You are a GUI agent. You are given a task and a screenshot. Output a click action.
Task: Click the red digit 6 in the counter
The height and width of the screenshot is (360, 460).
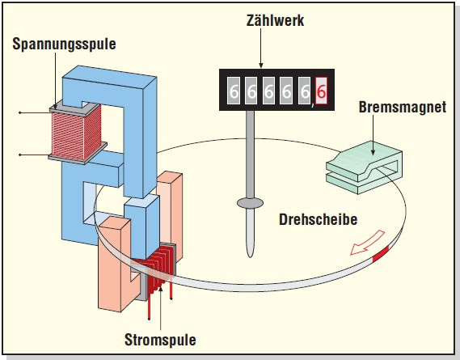[321, 92]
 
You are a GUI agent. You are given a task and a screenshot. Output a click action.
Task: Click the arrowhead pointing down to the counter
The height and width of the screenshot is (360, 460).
[261, 62]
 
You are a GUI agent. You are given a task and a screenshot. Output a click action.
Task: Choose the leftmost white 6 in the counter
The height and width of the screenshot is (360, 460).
[234, 92]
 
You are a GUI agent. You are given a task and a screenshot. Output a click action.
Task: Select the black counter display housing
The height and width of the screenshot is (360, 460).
[275, 92]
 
